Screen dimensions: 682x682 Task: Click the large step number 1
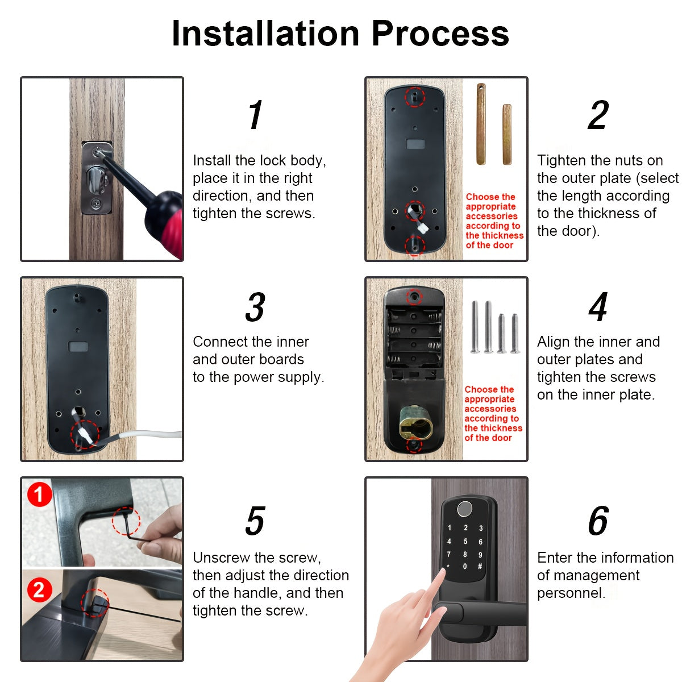(255, 115)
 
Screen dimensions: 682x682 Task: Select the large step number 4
(598, 307)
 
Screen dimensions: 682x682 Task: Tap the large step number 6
(598, 521)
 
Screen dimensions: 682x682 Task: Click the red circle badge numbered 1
(39, 494)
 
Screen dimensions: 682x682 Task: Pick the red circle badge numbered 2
(39, 590)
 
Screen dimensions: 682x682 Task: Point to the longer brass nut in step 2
(481, 124)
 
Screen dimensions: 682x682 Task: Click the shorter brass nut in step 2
(506, 135)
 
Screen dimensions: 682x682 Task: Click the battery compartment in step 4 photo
(414, 335)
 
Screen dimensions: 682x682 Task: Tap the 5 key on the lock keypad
(465, 542)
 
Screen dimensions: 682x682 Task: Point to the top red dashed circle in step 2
(414, 97)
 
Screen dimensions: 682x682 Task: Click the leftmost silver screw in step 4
(475, 328)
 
